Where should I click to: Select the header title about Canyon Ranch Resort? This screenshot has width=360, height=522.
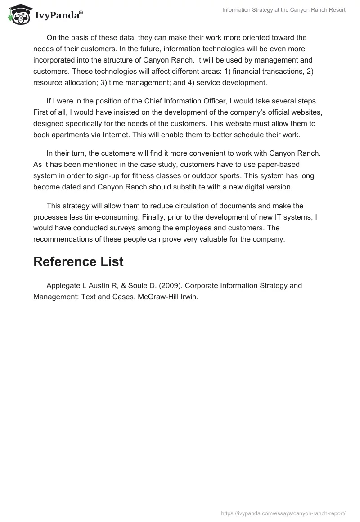pos(284,10)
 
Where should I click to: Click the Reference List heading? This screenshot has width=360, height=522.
pos(78,262)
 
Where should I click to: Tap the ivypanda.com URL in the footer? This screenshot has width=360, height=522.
pos(283,513)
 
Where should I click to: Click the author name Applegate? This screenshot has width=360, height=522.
pos(64,286)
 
